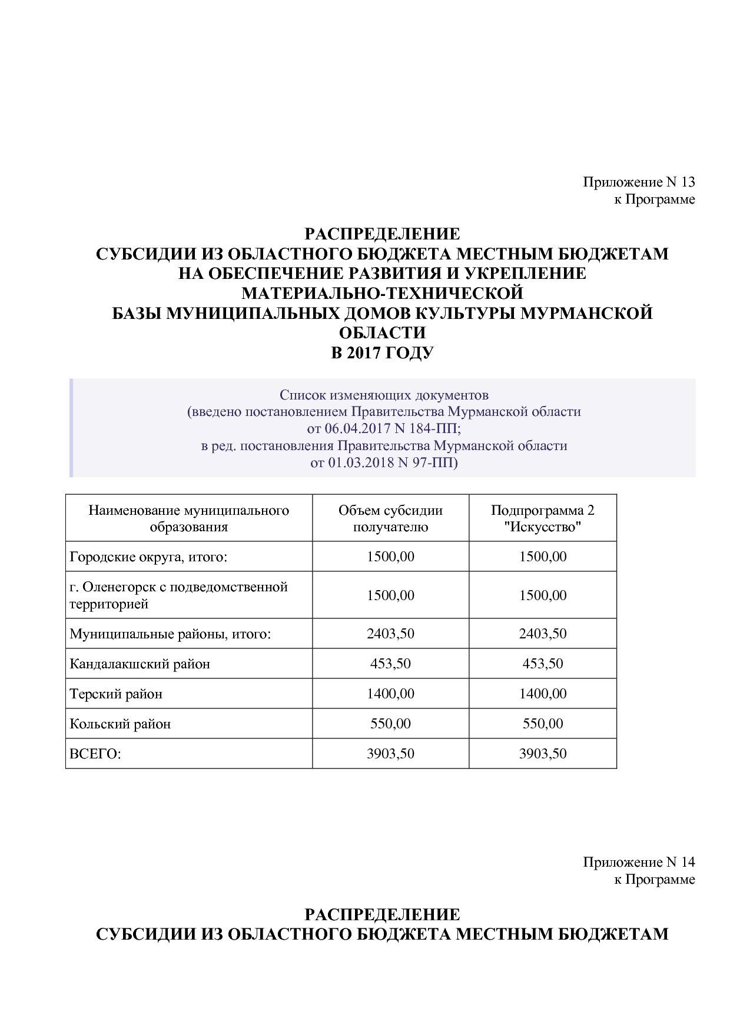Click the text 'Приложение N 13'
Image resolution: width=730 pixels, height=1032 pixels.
pos(639,182)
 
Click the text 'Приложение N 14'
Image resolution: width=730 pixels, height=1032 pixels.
pos(639,862)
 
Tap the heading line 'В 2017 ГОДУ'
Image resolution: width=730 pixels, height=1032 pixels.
pos(382,353)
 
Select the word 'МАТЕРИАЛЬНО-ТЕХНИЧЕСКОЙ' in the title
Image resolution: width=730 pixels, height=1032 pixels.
pos(382,293)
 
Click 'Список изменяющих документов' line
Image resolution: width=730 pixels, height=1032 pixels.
pos(384,394)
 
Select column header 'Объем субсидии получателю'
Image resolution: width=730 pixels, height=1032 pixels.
pos(390,518)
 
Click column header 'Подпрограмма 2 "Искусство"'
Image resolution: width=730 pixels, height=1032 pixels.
pos(542,518)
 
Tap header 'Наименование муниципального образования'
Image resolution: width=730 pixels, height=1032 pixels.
pos(188,518)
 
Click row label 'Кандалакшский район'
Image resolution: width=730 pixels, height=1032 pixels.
pos(140,664)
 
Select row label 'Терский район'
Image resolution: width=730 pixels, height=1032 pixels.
pos(116,694)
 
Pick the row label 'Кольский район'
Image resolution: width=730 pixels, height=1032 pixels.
pos(120,724)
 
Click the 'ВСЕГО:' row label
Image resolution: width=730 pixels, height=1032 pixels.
pos(95,754)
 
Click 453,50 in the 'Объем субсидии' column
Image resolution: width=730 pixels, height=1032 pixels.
pos(390,664)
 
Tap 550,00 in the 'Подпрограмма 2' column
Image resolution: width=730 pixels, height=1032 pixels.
pos(542,724)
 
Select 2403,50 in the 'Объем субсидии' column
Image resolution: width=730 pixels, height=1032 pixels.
pos(390,634)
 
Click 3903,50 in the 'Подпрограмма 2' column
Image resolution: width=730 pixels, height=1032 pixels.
pos(542,754)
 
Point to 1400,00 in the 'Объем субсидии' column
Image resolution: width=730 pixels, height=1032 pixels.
pos(390,694)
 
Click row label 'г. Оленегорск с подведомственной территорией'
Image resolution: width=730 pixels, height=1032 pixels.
pos(178,595)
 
